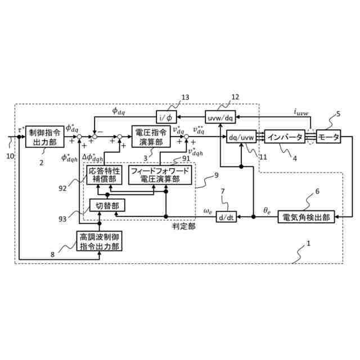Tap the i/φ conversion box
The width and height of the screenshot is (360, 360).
[x=166, y=118]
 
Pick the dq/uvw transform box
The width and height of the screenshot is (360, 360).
[x=240, y=137]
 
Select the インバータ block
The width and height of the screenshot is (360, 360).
[x=285, y=137]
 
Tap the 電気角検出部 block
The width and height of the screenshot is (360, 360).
[x=307, y=216]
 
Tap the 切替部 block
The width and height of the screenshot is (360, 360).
[x=107, y=205]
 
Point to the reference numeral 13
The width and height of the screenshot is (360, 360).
[x=187, y=97]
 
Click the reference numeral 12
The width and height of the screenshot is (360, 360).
[x=235, y=97]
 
